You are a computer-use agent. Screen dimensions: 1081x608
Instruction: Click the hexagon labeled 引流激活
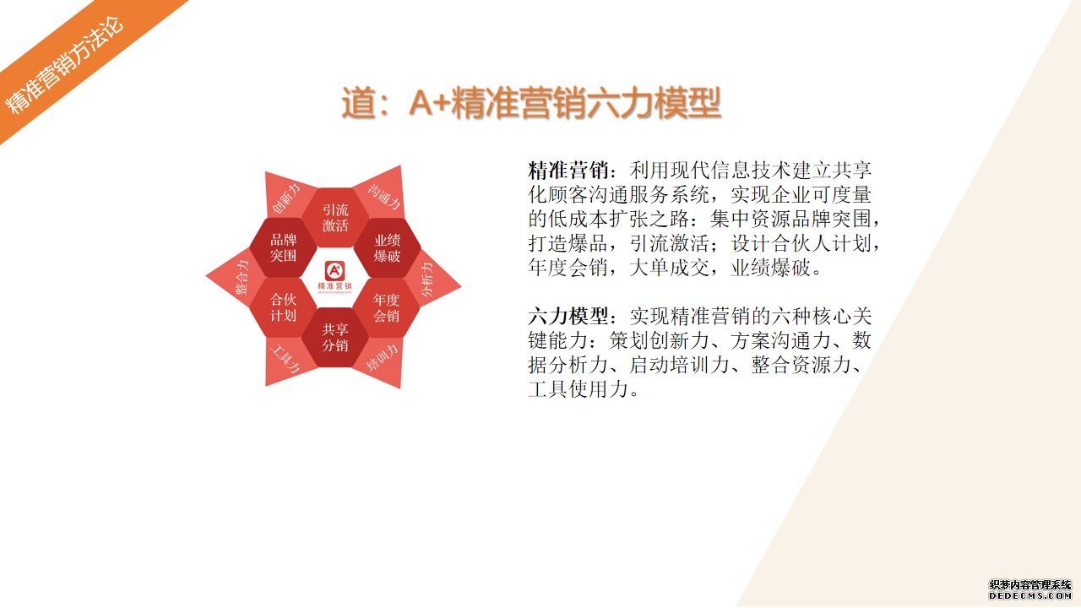335,217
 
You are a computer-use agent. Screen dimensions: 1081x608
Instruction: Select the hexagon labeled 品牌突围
283,247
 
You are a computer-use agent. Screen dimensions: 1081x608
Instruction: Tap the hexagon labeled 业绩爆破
387,247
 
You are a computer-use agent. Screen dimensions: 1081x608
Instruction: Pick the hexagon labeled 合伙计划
283,307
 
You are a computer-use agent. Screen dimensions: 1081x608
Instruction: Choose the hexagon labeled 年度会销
386,307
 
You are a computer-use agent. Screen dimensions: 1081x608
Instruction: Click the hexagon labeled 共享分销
335,337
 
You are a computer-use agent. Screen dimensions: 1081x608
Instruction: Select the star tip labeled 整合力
239,278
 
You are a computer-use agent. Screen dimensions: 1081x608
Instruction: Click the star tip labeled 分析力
430,280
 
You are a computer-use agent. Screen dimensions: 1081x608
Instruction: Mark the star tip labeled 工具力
285,360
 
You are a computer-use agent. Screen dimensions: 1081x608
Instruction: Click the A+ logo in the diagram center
335,271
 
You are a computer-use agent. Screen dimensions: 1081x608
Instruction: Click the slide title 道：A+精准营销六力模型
531,103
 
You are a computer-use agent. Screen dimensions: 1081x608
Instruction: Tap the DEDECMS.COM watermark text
1029,596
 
